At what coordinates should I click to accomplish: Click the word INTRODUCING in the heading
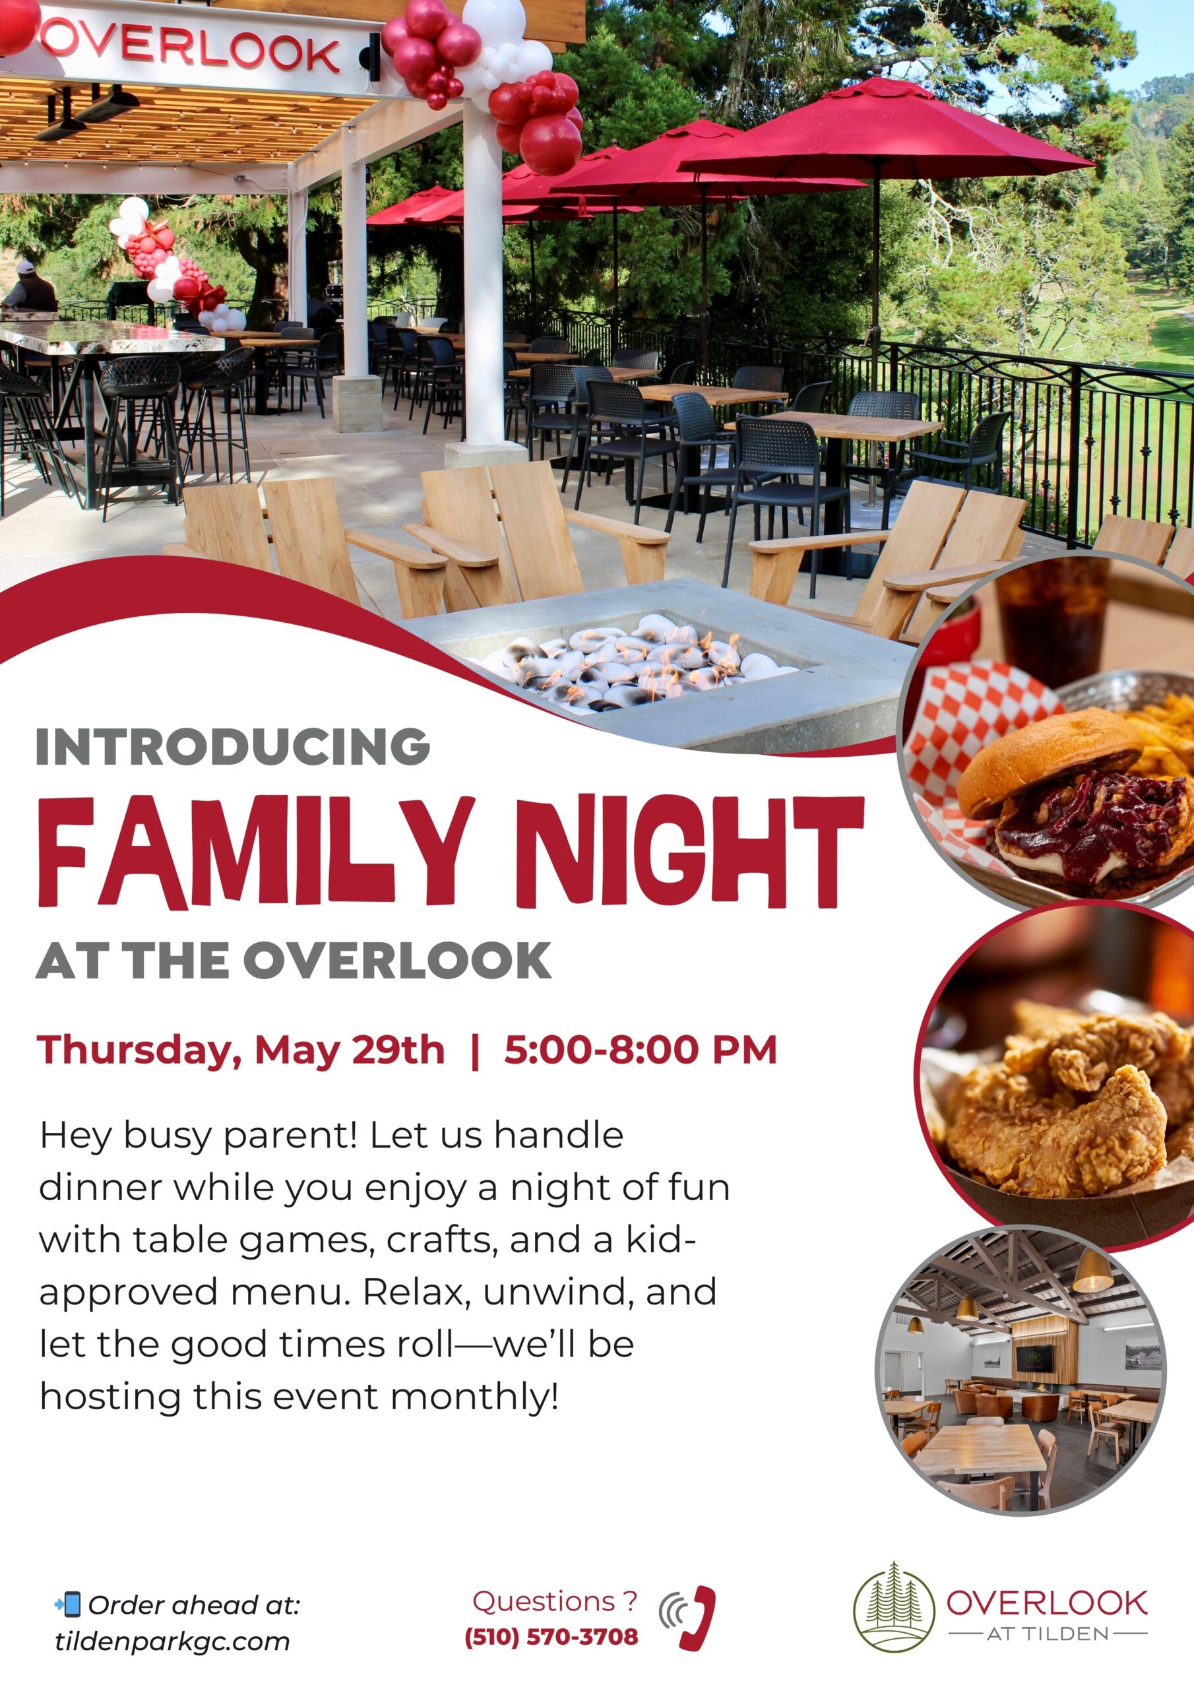coord(232,746)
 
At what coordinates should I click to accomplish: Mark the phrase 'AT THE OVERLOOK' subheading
coord(294,960)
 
